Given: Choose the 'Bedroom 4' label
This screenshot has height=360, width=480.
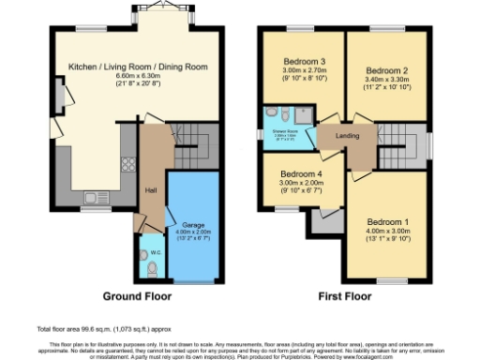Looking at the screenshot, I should coord(303,174).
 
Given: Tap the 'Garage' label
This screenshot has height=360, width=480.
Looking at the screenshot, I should coord(192,226).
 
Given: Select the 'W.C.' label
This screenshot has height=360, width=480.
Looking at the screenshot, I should coord(142,252).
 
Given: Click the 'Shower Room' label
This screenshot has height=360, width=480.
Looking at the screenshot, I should coord(283,131).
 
